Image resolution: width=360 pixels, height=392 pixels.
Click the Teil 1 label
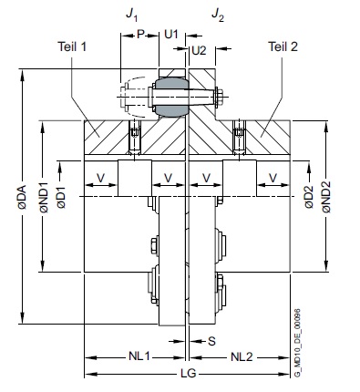pos(72,46)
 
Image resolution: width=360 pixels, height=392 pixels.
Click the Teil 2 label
pos(283,46)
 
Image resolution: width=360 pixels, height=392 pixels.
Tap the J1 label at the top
pos(132,15)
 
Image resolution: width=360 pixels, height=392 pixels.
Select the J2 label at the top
pos(218,15)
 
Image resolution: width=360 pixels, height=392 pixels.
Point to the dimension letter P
pos(140,35)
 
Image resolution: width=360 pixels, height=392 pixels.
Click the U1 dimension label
pos(171,35)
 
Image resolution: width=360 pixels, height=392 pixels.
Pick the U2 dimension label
pos(199,50)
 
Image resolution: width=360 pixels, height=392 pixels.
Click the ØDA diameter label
pos(22,197)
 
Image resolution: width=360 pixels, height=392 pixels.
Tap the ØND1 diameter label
pos(45,197)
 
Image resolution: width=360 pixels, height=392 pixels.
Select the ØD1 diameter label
pos(61,197)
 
